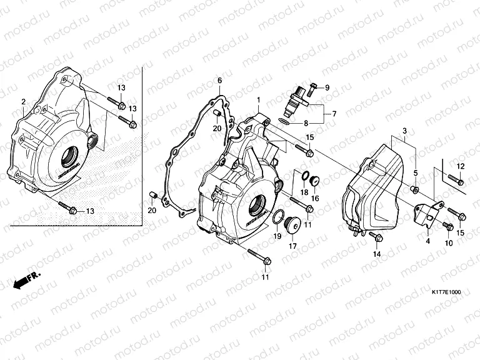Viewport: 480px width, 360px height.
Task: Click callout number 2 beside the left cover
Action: (23, 101)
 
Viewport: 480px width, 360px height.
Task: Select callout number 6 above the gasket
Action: (220, 81)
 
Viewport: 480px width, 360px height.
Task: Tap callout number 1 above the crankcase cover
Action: (257, 100)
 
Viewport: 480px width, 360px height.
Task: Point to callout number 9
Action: (326, 87)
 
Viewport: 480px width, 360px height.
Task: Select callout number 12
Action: (460, 166)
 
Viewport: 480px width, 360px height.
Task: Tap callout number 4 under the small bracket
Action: (427, 240)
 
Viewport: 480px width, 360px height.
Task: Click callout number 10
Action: (448, 242)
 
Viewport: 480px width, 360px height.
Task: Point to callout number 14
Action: (377, 254)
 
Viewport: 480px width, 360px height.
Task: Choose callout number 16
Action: (315, 199)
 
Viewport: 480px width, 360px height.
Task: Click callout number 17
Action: (291, 246)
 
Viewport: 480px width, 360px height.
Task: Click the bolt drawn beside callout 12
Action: (454, 179)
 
